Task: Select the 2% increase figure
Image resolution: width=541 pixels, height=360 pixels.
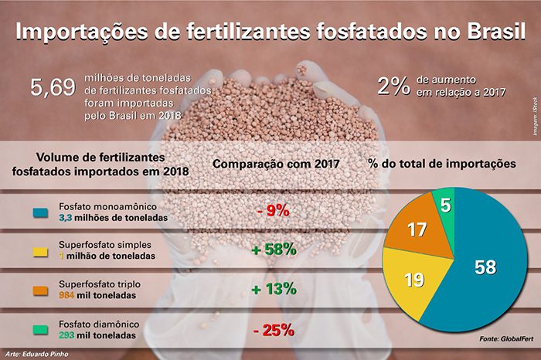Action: point(393,87)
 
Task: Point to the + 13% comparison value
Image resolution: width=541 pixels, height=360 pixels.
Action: point(274,289)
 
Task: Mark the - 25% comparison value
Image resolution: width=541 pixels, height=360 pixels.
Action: point(273,330)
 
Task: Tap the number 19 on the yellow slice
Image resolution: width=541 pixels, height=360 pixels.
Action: point(414,279)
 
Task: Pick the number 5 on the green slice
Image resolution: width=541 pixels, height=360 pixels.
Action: point(447,204)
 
